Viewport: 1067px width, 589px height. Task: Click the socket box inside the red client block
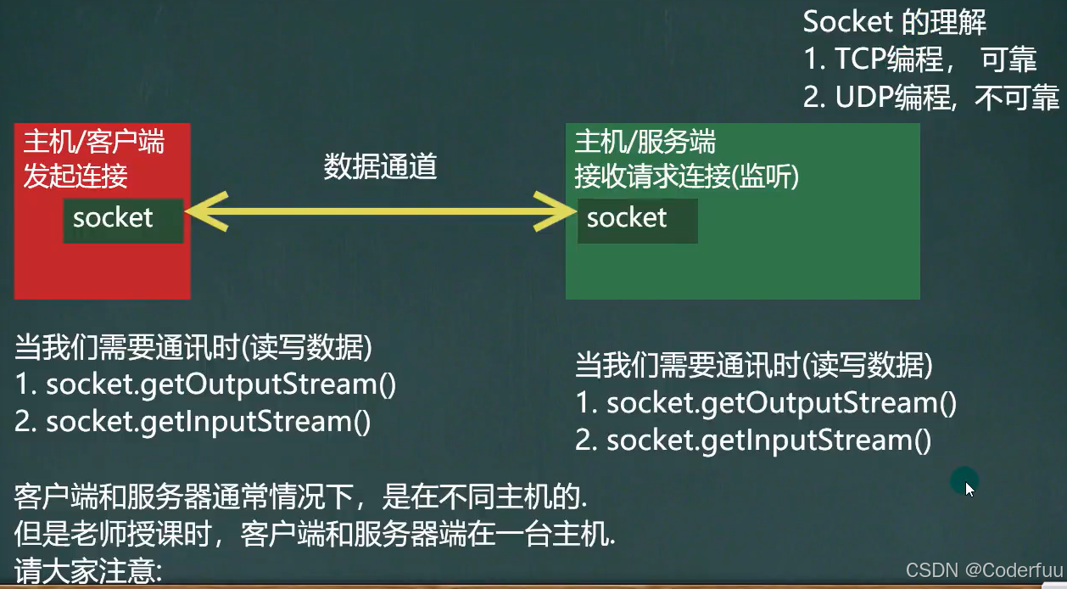click(123, 220)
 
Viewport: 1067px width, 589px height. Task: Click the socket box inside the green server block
click(637, 221)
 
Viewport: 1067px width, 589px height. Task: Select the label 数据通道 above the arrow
click(380, 167)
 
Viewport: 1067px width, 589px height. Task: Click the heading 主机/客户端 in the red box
click(93, 142)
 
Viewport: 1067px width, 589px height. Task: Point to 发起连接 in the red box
click(75, 176)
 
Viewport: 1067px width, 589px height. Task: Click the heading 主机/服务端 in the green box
click(645, 141)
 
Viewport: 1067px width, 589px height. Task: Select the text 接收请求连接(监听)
click(687, 176)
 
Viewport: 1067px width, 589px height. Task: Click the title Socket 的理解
click(894, 21)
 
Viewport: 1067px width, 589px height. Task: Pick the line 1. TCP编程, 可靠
click(919, 59)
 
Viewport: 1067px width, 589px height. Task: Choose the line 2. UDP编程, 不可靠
click(930, 98)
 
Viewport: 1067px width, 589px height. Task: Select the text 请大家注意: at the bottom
click(88, 569)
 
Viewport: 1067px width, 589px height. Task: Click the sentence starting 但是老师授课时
click(315, 533)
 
